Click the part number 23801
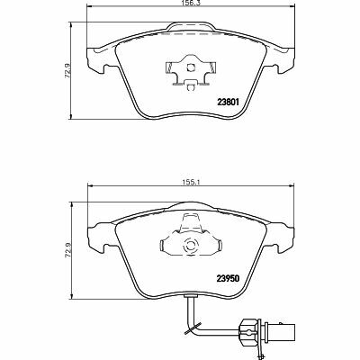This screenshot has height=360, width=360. (x=228, y=102)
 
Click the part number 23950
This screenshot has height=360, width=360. (x=228, y=278)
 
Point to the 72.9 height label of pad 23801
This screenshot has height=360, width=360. (x=67, y=71)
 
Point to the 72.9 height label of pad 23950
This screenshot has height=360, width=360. (x=67, y=250)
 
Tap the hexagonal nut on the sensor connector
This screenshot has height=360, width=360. (x=247, y=331)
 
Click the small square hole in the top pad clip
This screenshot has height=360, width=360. (x=191, y=67)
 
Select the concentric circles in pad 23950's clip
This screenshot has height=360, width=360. (x=191, y=246)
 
